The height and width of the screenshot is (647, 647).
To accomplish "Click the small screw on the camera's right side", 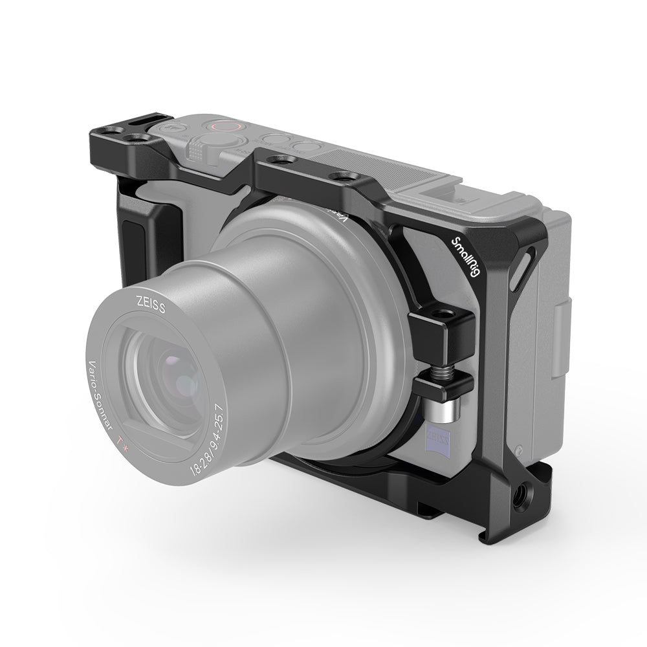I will [519, 449].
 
